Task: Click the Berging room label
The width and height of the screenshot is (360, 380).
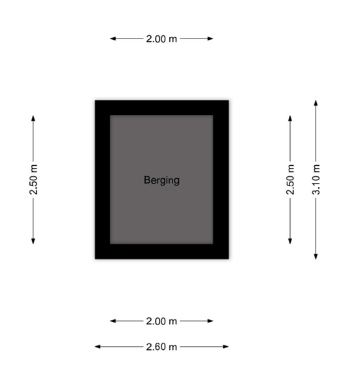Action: [x=161, y=180]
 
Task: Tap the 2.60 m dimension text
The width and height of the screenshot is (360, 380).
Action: [x=161, y=347]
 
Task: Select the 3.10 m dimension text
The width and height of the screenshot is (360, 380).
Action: [x=316, y=180]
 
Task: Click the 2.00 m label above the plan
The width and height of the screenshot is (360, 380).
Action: [x=161, y=39]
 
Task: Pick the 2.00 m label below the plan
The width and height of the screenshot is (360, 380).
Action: [x=161, y=321]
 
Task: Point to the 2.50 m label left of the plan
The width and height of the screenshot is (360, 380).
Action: [x=33, y=180]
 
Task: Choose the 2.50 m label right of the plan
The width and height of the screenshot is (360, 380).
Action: [x=290, y=180]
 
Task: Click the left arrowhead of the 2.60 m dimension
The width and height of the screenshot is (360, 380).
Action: [x=97, y=347]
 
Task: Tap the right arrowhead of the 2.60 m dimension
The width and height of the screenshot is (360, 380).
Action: [x=226, y=347]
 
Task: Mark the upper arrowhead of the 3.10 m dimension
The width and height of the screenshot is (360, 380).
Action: [x=316, y=103]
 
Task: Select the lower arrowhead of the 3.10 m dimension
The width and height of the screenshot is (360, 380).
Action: [x=316, y=257]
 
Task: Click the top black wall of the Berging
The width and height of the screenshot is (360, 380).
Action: [x=162, y=108]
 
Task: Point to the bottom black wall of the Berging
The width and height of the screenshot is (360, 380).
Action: [x=162, y=251]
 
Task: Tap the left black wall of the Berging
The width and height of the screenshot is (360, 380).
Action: [x=103, y=180]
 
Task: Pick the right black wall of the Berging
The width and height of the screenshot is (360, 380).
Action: [x=221, y=180]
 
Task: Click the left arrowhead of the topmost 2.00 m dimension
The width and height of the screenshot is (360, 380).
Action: [x=113, y=39]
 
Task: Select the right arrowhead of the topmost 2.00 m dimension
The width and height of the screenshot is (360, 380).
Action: [x=210, y=39]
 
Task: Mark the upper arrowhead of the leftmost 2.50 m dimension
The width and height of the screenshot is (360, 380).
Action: [x=33, y=118]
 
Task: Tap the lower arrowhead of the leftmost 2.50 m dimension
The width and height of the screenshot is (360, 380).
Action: [x=33, y=241]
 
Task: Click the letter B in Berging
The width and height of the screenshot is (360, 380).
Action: [x=146, y=180]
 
